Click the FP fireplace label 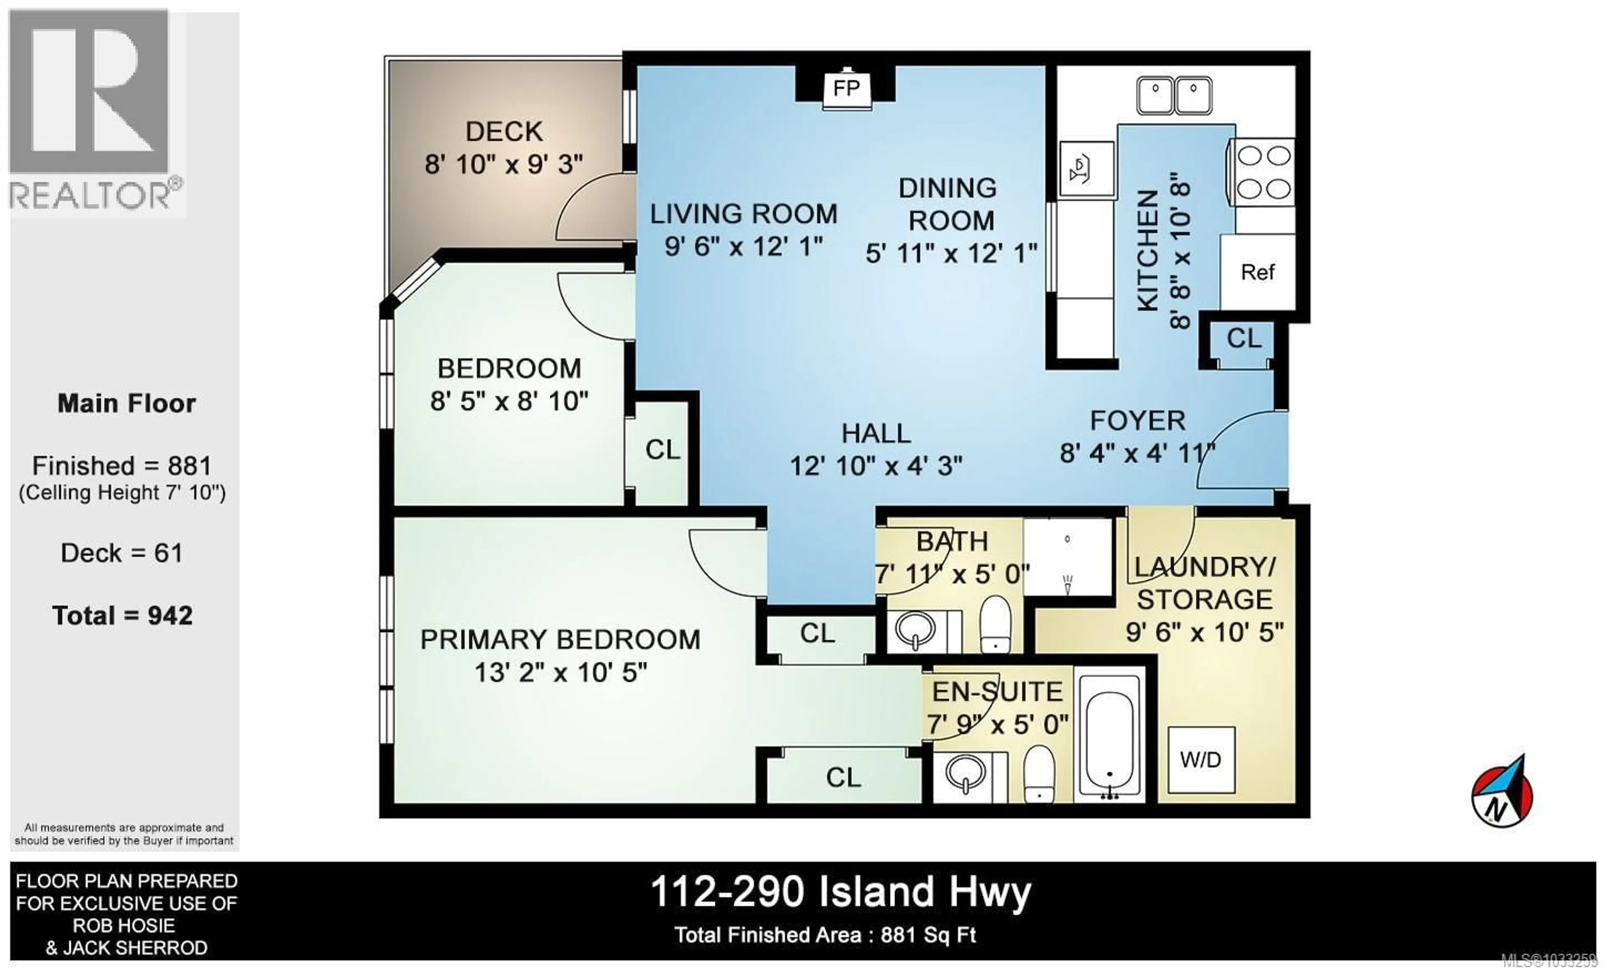(846, 88)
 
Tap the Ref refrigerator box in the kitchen (1257, 272)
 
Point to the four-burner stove (1263, 173)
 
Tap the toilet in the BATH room (995, 623)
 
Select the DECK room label (504, 132)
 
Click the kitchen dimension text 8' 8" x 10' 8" (1180, 251)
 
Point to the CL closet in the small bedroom (662, 449)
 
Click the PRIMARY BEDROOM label (560, 640)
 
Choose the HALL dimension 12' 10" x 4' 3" (876, 466)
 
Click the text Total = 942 (122, 615)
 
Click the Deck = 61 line (122, 553)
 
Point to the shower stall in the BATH (1067, 557)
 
